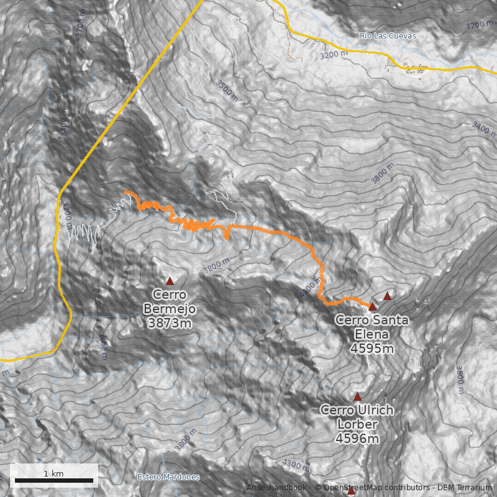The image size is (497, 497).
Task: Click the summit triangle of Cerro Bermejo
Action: coord(170,281)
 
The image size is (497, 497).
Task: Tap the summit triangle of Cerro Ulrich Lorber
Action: coord(357,396)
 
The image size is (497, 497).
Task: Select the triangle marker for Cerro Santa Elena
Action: coord(373,306)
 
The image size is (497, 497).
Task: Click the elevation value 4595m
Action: coord(372,349)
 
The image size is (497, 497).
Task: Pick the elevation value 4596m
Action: coord(357,439)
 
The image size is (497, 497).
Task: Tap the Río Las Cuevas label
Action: coord(388,36)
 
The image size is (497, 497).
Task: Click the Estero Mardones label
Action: coord(168,477)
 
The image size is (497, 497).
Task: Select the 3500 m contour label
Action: coord(227,89)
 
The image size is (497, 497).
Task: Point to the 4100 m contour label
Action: coord(311,288)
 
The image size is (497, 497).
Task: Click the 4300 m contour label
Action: coord(296,465)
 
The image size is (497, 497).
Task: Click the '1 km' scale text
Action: coord(53,473)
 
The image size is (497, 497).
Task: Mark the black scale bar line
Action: coord(53,480)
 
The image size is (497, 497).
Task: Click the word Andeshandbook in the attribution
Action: coord(276,488)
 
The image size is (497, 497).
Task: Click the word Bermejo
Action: coord(170,309)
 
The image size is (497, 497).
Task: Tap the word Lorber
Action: coord(357,424)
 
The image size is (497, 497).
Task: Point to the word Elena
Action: coord(372,334)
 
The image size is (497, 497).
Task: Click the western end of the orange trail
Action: coord(126,193)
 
